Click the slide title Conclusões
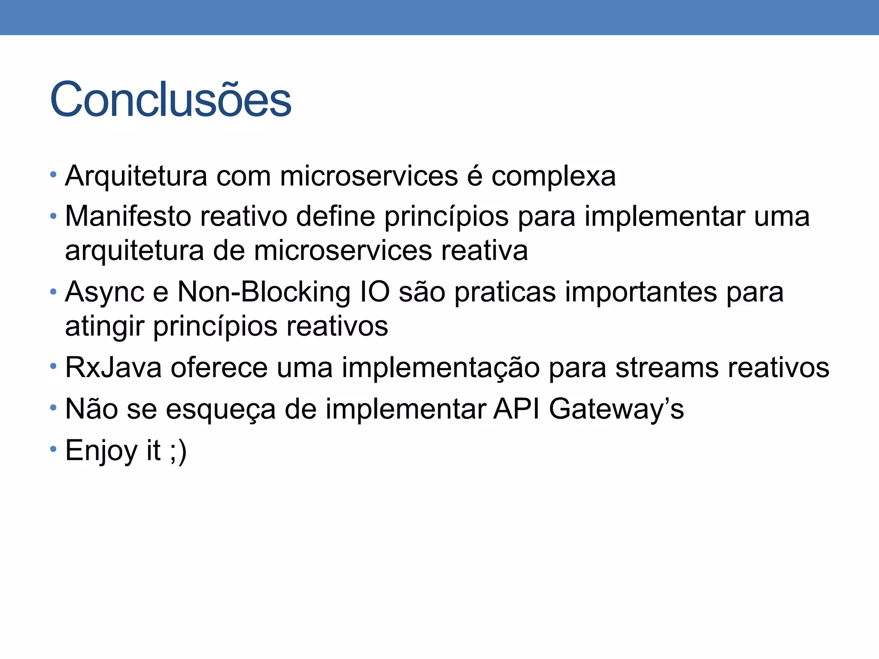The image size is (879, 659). [170, 100]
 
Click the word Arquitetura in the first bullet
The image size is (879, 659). [136, 176]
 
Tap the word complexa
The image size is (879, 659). [553, 177]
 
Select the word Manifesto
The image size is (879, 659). [128, 216]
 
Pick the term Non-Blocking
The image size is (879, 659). [264, 292]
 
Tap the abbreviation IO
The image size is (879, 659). [375, 292]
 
